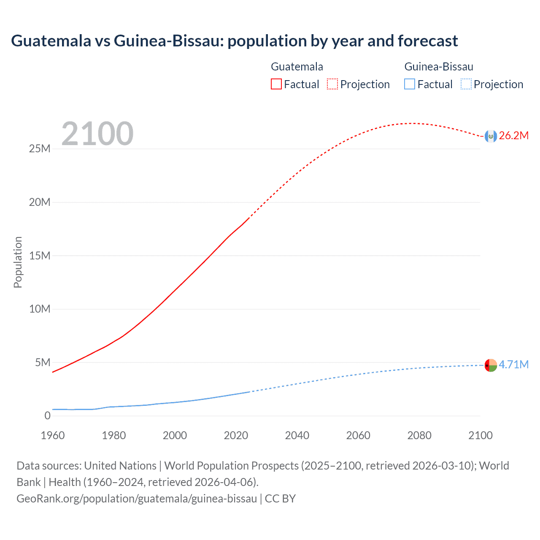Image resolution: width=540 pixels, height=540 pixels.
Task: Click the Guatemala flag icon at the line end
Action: pos(491,136)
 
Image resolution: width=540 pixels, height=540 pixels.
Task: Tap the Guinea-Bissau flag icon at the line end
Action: pos(491,365)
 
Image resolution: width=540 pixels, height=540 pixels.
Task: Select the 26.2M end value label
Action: pos(514,135)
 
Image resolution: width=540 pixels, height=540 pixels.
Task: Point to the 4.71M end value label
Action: pos(514,364)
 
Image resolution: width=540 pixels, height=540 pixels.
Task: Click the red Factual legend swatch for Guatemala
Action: pos(276,84)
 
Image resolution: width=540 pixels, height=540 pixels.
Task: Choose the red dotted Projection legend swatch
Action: pos(332,84)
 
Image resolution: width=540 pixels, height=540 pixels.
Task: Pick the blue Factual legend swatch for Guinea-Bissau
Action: pos(409,84)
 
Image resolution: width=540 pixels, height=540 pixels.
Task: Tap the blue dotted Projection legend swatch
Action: pos(466,84)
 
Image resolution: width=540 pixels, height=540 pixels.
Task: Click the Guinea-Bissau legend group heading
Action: pos(439,67)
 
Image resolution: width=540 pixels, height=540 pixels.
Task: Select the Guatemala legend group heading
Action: pos(297,67)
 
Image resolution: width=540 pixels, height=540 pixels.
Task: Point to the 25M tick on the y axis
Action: pos(40,149)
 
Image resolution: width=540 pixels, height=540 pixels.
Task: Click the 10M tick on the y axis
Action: pos(40,309)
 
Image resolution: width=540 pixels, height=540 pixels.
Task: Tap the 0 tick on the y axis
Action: pos(47,416)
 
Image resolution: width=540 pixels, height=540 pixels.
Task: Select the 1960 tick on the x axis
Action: pos(53,435)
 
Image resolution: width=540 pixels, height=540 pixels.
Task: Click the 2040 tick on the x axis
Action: pos(297,435)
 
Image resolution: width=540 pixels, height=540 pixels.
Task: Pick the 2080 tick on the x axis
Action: pos(419,435)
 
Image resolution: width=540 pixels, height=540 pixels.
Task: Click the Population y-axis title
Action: pos(18,262)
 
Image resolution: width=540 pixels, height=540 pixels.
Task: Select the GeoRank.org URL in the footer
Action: pos(137,499)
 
